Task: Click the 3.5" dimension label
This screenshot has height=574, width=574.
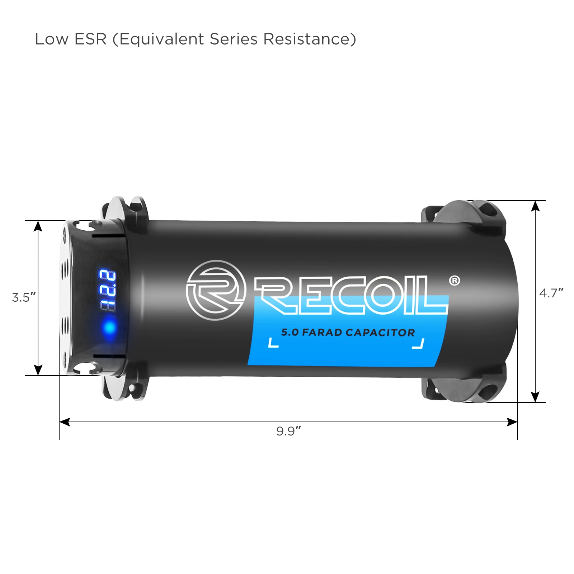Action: pyautogui.click(x=24, y=297)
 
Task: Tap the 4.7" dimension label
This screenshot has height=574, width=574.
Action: pyautogui.click(x=551, y=293)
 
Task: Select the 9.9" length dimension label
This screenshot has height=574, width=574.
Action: pyautogui.click(x=288, y=431)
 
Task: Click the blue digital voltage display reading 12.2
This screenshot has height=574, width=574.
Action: pyautogui.click(x=108, y=291)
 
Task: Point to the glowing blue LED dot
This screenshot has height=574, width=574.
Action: pyautogui.click(x=109, y=327)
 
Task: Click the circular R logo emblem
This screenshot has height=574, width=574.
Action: pyautogui.click(x=216, y=290)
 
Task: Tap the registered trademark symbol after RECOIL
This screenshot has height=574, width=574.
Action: pyautogui.click(x=455, y=281)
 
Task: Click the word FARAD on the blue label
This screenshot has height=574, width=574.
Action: pyautogui.click(x=322, y=332)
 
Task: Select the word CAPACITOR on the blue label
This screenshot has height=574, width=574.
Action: pyautogui.click(x=380, y=333)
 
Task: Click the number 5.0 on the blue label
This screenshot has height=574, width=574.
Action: pyautogui.click(x=290, y=332)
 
